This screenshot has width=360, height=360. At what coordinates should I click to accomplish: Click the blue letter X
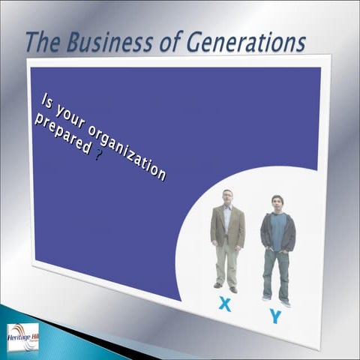223,304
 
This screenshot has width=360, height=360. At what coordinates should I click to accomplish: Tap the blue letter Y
275,316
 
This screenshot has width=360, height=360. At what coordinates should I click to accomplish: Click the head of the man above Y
277,203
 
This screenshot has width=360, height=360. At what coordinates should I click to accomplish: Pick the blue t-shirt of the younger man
278,232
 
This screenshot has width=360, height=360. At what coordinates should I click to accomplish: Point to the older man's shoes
225,287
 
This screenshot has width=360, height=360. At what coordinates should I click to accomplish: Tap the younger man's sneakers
275,301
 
